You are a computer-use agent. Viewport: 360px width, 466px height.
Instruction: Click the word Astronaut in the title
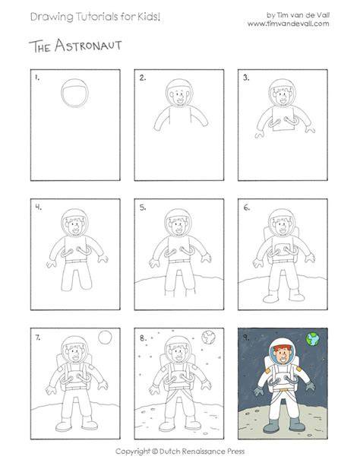[88, 46]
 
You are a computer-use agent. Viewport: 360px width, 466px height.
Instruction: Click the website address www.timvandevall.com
[289, 24]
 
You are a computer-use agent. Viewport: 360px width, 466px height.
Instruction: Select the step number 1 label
[36, 78]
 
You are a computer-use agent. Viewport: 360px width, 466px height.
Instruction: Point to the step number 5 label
[143, 208]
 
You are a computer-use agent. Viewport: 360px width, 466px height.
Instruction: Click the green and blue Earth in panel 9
[313, 339]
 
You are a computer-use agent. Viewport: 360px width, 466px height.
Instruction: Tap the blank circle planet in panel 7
[105, 338]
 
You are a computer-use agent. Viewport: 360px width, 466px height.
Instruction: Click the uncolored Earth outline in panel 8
[209, 338]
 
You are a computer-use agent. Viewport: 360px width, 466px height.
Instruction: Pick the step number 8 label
[144, 338]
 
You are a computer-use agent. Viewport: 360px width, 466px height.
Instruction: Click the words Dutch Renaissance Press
[202, 452]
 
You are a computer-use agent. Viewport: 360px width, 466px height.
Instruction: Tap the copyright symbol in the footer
[154, 452]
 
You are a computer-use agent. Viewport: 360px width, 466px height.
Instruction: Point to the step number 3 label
[246, 78]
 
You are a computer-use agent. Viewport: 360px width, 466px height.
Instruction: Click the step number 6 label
[247, 208]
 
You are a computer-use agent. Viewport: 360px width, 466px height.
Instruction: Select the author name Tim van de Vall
[303, 15]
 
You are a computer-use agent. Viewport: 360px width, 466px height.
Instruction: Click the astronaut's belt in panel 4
[76, 262]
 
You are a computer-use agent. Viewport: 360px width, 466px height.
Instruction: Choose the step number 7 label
[38, 338]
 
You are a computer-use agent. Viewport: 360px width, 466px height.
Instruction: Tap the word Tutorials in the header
[96, 17]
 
